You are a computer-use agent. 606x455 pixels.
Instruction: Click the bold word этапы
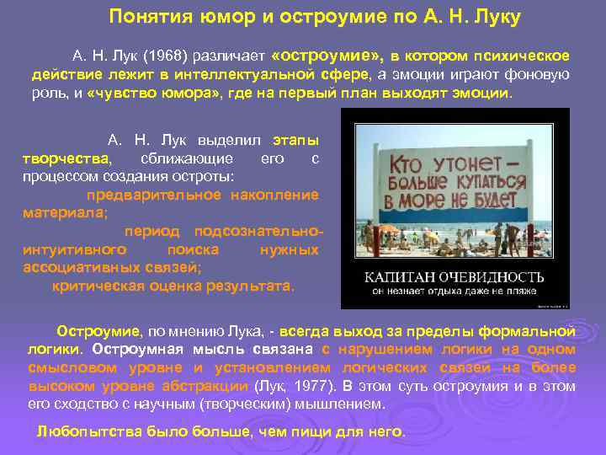295,139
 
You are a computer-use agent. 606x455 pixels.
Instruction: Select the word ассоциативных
76,268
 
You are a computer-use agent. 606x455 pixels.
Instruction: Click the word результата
253,286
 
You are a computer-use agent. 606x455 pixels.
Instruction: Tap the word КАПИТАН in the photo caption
399,276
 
